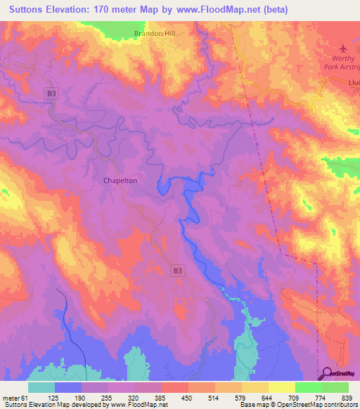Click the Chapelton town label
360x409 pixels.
120,181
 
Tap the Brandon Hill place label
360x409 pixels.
154,33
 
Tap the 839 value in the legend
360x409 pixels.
348,398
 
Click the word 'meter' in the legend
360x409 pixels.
11,398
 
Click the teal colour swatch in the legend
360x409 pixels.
41,387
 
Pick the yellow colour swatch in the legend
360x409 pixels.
281,387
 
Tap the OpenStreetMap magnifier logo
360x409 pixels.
327,373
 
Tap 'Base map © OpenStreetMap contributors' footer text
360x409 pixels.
299,405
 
